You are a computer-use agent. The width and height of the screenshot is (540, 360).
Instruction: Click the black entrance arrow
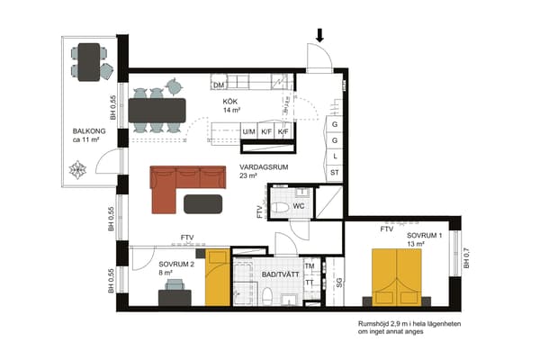tap(319, 35)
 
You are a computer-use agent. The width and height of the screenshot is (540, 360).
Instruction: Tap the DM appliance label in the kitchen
tap(219, 85)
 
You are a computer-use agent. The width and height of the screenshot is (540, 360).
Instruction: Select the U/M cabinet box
tap(248, 131)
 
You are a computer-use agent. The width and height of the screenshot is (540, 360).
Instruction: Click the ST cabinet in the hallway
tap(335, 173)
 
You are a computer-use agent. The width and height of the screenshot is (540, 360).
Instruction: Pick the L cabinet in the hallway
tap(335, 157)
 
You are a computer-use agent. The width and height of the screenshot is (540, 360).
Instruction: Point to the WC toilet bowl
tap(280, 208)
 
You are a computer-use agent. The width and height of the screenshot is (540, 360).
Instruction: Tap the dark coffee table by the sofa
tap(202, 204)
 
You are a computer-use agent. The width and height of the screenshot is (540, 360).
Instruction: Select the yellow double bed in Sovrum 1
tap(397, 278)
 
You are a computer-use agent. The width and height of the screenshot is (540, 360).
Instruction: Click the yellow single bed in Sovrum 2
tap(218, 277)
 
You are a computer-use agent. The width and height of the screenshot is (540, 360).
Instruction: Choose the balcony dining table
tap(89, 62)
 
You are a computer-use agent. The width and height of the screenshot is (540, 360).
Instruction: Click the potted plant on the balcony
tap(77, 169)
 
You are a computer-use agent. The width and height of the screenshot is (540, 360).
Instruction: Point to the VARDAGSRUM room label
tap(264, 167)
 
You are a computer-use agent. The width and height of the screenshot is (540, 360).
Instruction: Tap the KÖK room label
tap(230, 102)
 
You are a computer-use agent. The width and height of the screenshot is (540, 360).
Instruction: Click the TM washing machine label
tap(310, 266)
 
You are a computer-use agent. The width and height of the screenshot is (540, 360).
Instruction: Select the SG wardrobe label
tap(339, 283)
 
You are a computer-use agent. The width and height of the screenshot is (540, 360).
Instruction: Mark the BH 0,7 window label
tap(466, 258)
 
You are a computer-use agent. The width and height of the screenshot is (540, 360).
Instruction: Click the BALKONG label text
tap(89, 131)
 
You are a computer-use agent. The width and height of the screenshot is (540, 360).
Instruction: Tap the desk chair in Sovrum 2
tap(175, 284)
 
